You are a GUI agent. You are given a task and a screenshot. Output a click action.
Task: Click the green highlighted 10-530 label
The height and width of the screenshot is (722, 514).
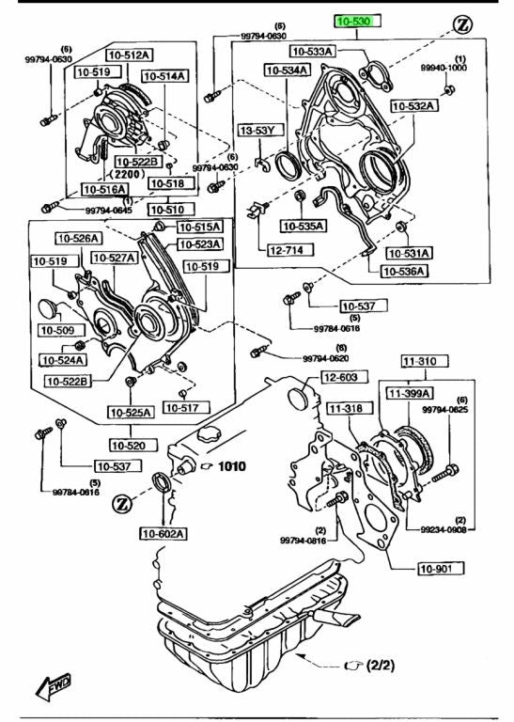pyautogui.click(x=358, y=22)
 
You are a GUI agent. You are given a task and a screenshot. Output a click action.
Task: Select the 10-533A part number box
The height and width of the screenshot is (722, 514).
pyautogui.click(x=313, y=51)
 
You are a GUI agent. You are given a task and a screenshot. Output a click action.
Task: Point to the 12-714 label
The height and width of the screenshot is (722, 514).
pyautogui.click(x=286, y=250)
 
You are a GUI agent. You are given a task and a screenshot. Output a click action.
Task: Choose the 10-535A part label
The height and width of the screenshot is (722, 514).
pyautogui.click(x=304, y=226)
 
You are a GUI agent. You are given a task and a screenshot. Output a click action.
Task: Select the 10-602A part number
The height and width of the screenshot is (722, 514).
pyautogui.click(x=164, y=534)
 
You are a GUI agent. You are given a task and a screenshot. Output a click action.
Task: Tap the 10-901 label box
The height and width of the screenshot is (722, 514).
pyautogui.click(x=441, y=568)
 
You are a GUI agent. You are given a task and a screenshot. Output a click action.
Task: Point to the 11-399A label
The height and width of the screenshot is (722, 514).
pyautogui.click(x=410, y=393)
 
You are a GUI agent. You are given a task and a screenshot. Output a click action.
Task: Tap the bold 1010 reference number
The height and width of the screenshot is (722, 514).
pyautogui.click(x=231, y=466)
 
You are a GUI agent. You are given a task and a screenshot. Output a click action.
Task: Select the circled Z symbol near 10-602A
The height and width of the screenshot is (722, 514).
pyautogui.click(x=122, y=503)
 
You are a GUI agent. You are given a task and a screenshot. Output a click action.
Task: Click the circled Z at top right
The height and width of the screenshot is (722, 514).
pyautogui.click(x=462, y=24)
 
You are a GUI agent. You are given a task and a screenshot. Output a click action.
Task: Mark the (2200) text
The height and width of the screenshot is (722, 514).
pyautogui.click(x=127, y=174)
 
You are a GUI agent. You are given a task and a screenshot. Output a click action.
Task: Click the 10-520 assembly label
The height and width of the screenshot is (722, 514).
pyautogui.click(x=133, y=446)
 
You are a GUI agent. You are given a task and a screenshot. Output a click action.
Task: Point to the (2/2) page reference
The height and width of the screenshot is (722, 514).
pyautogui.click(x=381, y=666)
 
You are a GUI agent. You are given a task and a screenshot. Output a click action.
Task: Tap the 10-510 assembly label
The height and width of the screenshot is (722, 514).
pyautogui.click(x=171, y=210)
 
